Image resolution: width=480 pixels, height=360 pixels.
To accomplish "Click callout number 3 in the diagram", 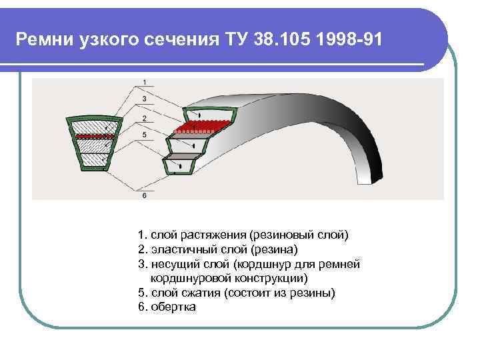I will [x=145, y=98].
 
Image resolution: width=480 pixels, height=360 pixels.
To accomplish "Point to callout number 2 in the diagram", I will [x=145, y=118].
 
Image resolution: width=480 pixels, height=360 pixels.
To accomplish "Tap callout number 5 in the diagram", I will [x=145, y=134].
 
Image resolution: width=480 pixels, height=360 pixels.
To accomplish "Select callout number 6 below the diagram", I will [x=145, y=195].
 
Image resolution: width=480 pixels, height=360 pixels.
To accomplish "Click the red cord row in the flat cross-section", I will [x=94, y=135].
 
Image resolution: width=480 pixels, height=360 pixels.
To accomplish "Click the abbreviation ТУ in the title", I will [x=233, y=39].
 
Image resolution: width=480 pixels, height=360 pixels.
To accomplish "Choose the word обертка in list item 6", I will [x=173, y=307].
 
